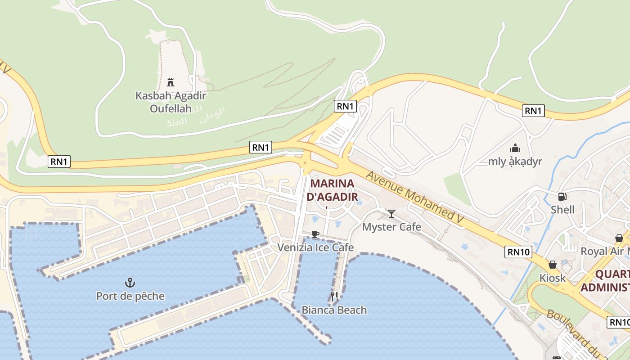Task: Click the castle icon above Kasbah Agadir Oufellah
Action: (x=171, y=82)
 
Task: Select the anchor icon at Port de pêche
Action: (x=130, y=283)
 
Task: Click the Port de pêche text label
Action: (x=130, y=296)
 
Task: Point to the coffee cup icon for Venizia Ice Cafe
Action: (x=315, y=234)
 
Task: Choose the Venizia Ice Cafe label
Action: (x=315, y=247)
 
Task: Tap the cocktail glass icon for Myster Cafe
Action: (x=391, y=213)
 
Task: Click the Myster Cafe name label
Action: (x=391, y=227)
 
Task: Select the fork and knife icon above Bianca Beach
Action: (x=334, y=296)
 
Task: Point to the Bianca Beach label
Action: (x=334, y=310)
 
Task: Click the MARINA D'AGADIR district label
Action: (x=333, y=190)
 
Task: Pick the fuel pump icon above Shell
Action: (x=562, y=196)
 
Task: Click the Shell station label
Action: (x=562, y=210)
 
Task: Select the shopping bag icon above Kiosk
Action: (x=553, y=265)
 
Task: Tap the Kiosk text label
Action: (x=553, y=278)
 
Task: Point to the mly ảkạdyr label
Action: (x=515, y=162)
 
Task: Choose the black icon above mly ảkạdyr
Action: (x=515, y=148)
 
